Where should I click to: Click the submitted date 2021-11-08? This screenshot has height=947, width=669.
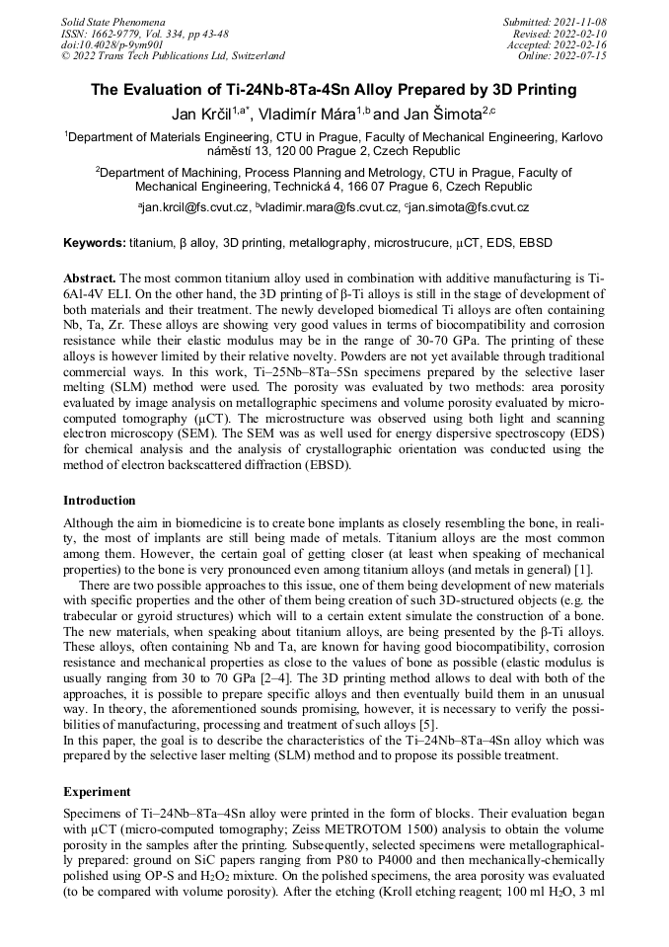coord(581,21)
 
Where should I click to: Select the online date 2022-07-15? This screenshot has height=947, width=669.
coord(581,56)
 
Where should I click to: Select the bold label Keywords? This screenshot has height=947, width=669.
coord(95,243)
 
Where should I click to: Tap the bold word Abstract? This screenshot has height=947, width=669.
coord(90,279)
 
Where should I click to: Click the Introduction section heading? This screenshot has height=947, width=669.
coord(100,501)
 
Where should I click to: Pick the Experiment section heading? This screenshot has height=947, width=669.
coord(98,792)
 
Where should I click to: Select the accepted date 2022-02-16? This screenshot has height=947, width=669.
coord(581,44)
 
